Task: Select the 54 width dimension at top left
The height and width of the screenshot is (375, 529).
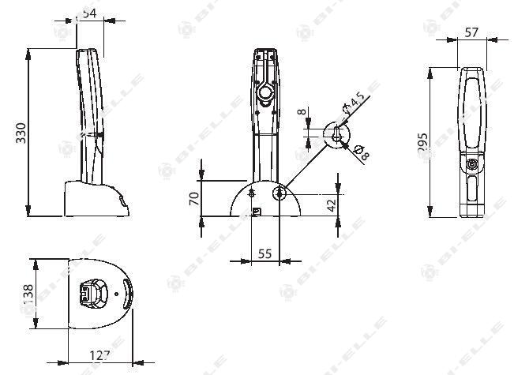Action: point(89,13)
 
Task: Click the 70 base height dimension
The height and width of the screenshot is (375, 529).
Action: point(193,197)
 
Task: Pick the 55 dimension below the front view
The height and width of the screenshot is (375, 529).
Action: point(264,253)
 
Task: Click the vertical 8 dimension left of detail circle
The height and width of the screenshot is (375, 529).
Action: point(300,112)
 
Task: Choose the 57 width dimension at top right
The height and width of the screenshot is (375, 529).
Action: point(471,33)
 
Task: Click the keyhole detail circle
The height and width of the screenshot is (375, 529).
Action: point(337,134)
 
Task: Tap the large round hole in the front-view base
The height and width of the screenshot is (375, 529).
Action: point(280,193)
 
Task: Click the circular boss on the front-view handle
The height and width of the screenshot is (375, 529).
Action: point(265,95)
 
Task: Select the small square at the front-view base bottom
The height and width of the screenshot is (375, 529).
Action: point(256,211)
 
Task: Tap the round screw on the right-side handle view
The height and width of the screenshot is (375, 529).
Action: point(472,165)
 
